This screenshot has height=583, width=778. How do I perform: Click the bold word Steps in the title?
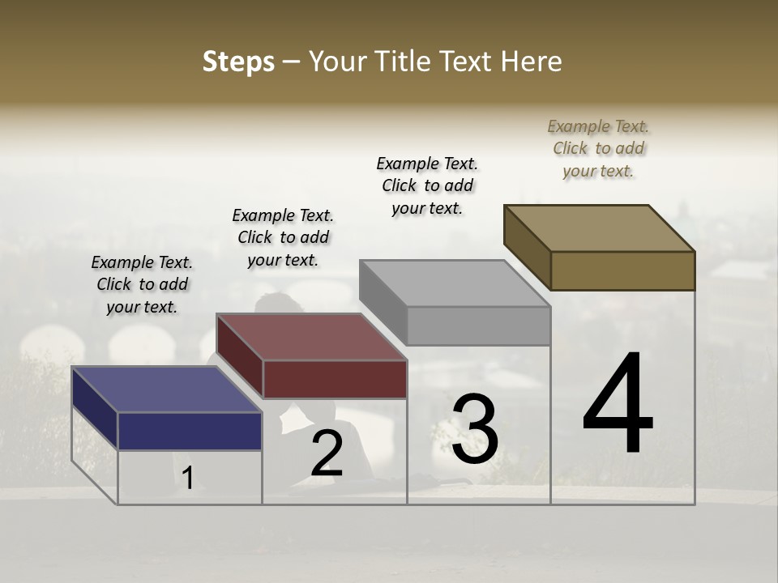(238, 62)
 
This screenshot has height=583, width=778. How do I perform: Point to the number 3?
(475, 429)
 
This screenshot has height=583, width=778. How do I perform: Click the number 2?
(327, 453)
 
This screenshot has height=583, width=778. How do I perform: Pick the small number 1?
(188, 479)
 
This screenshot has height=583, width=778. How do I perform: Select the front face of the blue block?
(190, 431)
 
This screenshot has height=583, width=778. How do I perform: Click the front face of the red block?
(335, 379)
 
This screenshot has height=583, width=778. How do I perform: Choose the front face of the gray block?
(478, 326)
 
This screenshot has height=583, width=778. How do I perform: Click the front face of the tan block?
(622, 270)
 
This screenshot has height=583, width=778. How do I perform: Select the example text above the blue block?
(142, 284)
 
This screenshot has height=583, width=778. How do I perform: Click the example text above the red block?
(283, 237)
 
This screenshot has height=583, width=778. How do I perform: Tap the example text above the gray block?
(427, 185)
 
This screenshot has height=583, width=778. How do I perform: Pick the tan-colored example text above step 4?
(598, 148)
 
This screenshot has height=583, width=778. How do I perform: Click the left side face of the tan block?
(527, 247)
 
